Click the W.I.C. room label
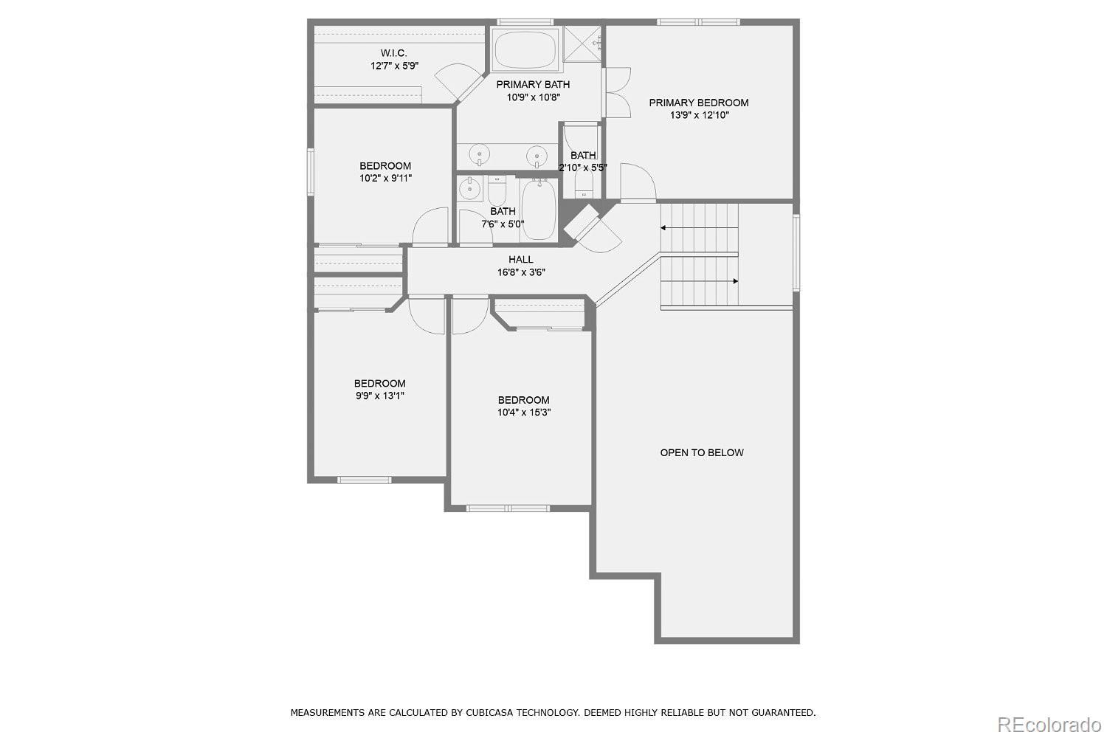pos(393,53)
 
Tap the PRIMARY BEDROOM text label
pos(698,103)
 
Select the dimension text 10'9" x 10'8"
pos(533,97)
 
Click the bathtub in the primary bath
pos(525,49)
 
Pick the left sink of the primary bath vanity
pos(480,154)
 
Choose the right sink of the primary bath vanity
pos(537,155)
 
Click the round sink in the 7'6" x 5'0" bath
pos(469,190)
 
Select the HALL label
pos(520,259)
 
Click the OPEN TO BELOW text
pos(701,452)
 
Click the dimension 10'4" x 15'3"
pos(523,413)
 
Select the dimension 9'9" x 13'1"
pos(379,396)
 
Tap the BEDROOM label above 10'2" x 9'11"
pos(385,165)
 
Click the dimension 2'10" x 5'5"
pos(583,168)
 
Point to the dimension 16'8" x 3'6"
pos(520,272)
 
